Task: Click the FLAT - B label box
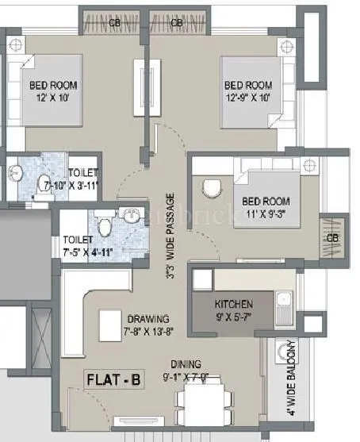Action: pyautogui.click(x=113, y=380)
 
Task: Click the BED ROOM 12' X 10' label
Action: pyautogui.click(x=53, y=90)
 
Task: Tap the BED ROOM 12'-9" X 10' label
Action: pyautogui.click(x=248, y=91)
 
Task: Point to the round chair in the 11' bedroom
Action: pyautogui.click(x=211, y=187)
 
